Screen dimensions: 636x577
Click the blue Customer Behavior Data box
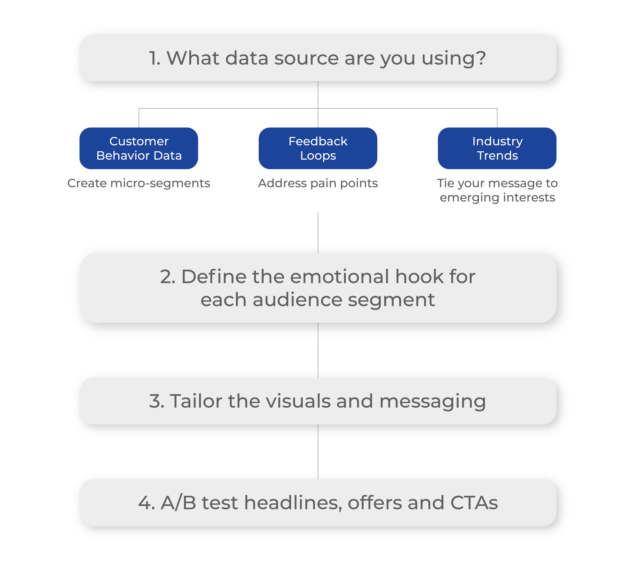(139, 148)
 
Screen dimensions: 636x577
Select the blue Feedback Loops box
(318, 148)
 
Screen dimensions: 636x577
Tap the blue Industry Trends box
(497, 148)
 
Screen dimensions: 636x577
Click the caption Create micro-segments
(139, 183)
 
